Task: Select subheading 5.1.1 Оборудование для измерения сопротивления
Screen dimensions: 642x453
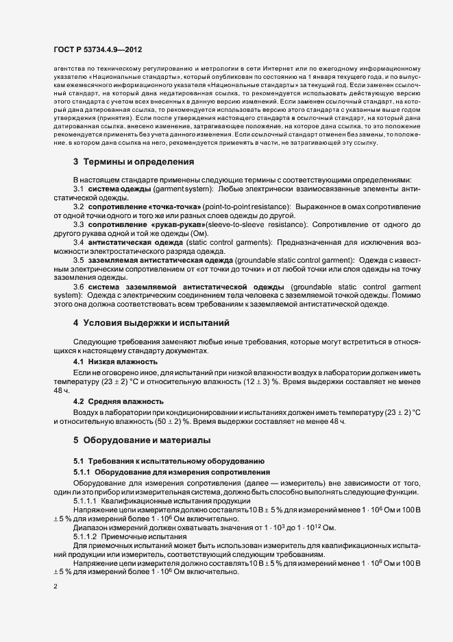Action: click(x=172, y=473)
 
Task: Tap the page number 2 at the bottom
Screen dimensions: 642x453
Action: click(x=55, y=586)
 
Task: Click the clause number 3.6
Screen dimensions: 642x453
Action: click(x=79, y=287)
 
